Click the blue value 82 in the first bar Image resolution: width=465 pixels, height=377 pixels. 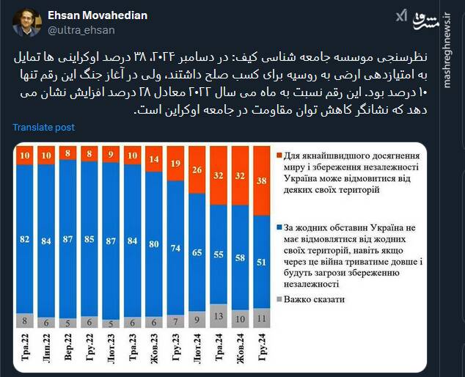coord(26,239)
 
